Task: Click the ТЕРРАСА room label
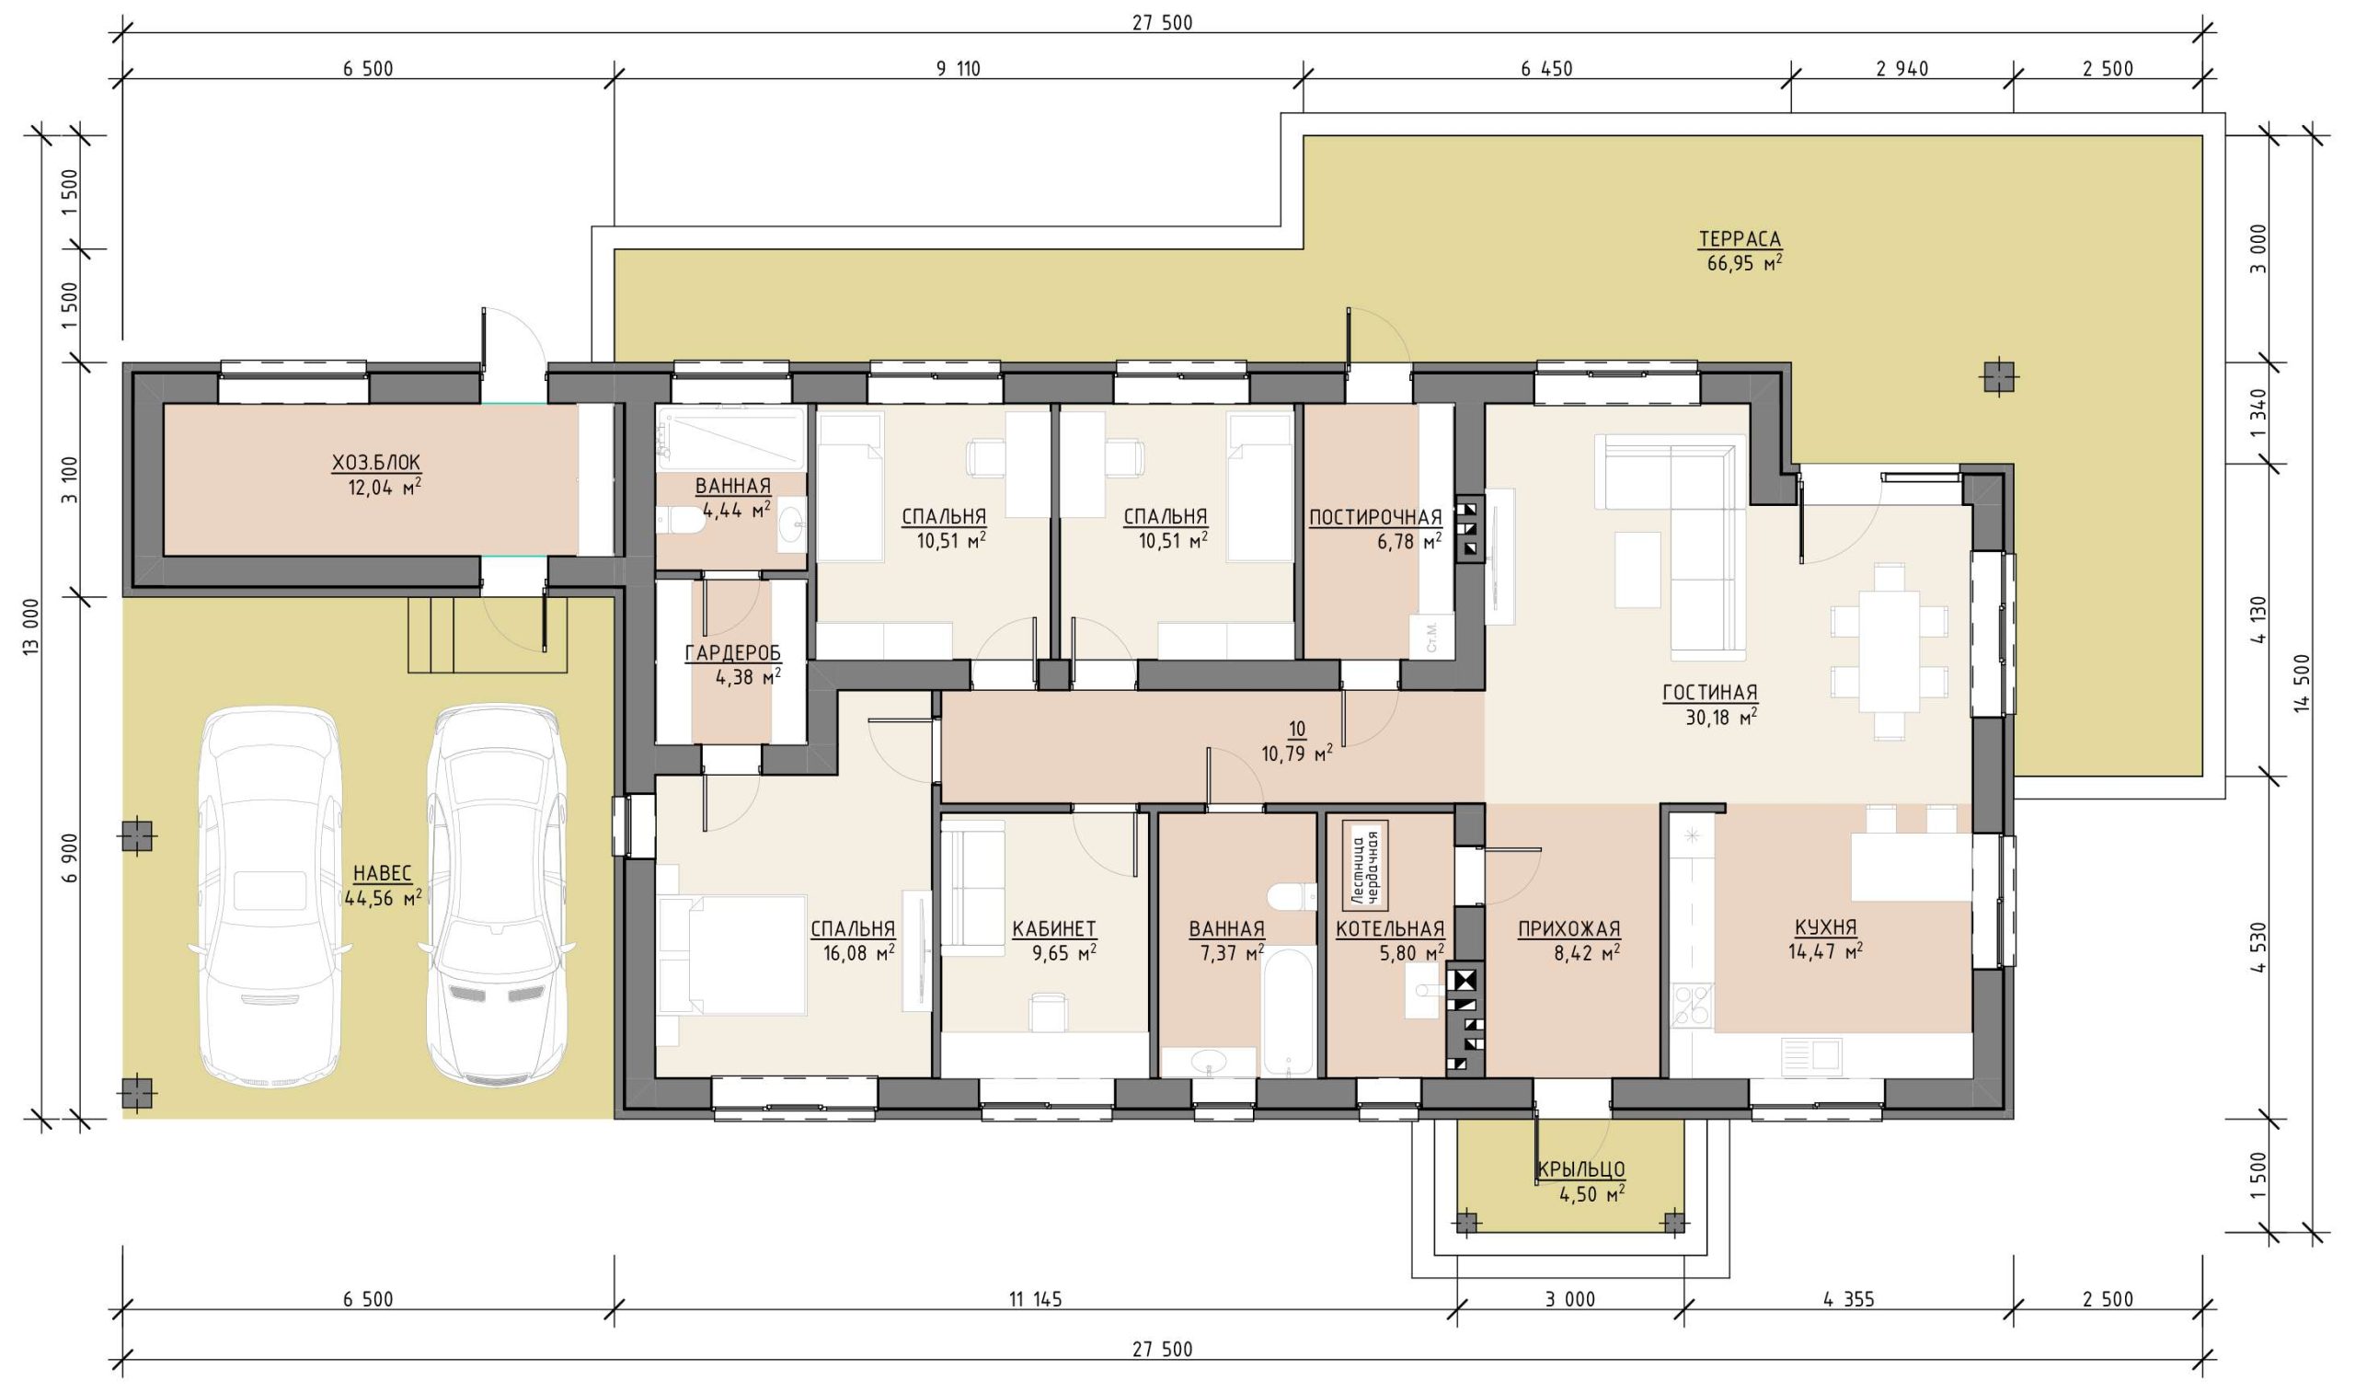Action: coord(1739,239)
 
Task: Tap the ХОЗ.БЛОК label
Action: coord(376,463)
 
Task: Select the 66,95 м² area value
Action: coord(1743,263)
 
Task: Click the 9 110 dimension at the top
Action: coord(958,68)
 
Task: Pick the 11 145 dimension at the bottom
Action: coord(1036,1299)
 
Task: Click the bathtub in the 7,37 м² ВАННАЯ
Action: coord(1289,1012)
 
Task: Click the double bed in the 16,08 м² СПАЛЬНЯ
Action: coord(731,955)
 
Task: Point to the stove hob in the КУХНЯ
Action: coord(1693,1007)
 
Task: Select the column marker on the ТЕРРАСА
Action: coord(2000,377)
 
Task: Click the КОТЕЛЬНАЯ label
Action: coord(1389,928)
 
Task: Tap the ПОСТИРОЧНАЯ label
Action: coord(1375,518)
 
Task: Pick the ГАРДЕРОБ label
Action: coord(732,653)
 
